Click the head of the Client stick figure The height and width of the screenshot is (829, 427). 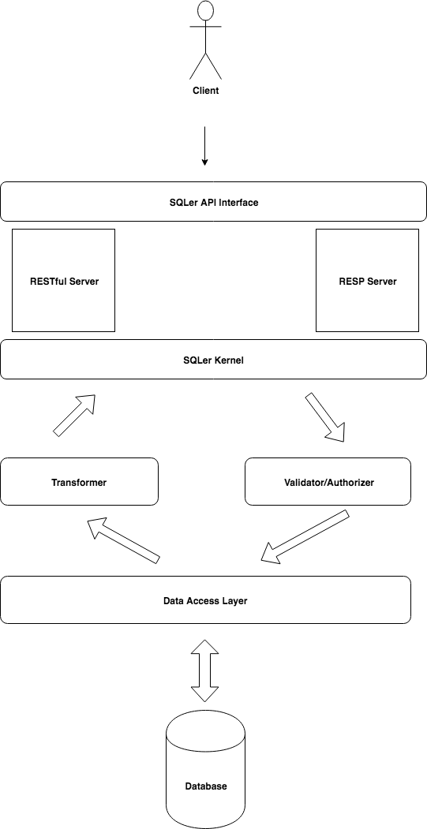coord(205,11)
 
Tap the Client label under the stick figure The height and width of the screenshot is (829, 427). coord(205,91)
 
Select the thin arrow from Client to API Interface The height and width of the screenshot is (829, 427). coord(204,146)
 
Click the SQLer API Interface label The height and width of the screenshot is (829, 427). coord(214,202)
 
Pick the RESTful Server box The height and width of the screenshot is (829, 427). coord(63,280)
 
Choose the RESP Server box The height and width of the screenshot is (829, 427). coord(368,280)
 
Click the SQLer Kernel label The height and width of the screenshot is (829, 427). coord(214,360)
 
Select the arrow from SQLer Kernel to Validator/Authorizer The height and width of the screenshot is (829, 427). coord(325,416)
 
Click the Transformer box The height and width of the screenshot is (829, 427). coord(80,482)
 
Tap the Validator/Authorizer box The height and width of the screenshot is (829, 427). coord(328,482)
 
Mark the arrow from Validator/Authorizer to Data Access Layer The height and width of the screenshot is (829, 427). coord(305,536)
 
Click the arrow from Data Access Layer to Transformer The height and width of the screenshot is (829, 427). coord(123,540)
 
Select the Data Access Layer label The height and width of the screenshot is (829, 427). coord(205,600)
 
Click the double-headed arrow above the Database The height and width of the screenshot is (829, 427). coord(204,670)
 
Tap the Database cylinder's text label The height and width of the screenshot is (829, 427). coord(206,786)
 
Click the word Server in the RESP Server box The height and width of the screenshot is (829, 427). coord(382,282)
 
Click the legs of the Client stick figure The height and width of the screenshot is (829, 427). coord(205,65)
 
